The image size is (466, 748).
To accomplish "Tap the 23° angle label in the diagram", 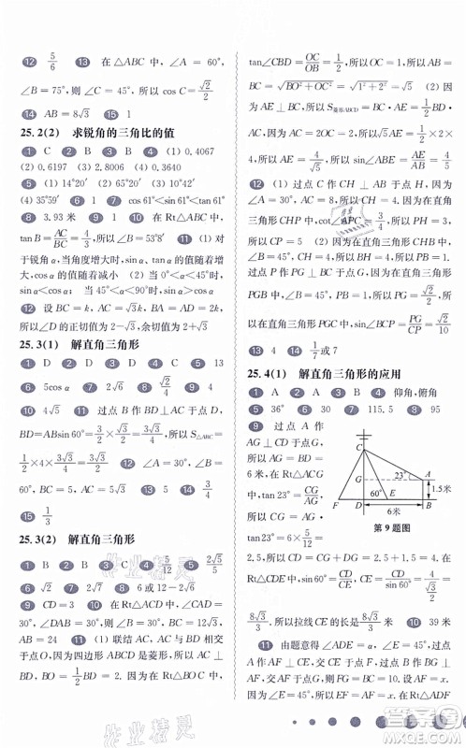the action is click(400, 476).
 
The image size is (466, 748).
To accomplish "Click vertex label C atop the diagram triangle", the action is click(358, 446).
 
